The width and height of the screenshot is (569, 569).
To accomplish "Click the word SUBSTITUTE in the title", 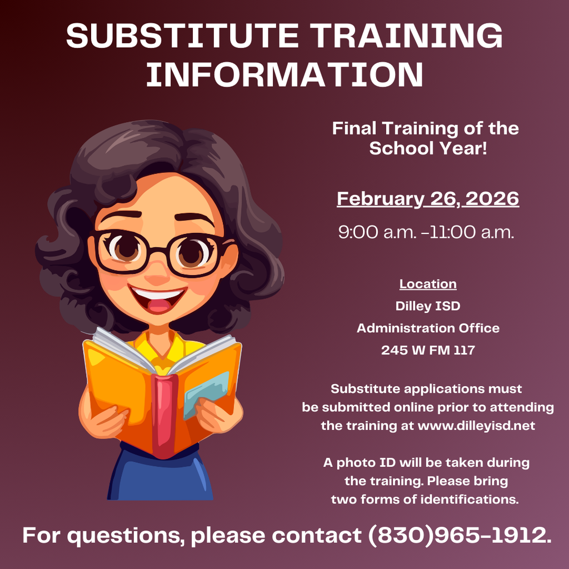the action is [x=182, y=36].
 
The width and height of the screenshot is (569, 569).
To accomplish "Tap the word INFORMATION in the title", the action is [x=284, y=74].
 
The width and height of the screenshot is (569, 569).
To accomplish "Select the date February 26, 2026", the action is [x=428, y=199].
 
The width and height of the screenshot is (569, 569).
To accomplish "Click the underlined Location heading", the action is [x=428, y=284].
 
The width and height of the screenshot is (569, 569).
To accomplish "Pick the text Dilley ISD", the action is [x=428, y=306].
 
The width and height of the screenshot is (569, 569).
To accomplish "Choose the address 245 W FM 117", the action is [x=428, y=350].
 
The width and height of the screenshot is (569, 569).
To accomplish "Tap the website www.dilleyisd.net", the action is [x=476, y=425].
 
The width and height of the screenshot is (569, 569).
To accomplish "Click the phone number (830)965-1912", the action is [x=460, y=536].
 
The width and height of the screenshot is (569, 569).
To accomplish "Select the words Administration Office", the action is [x=428, y=328].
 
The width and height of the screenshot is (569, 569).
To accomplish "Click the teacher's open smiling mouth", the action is [x=158, y=299].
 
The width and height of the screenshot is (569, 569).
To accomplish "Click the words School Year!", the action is [x=428, y=148].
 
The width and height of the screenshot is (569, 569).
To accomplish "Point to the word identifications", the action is [x=470, y=500].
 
